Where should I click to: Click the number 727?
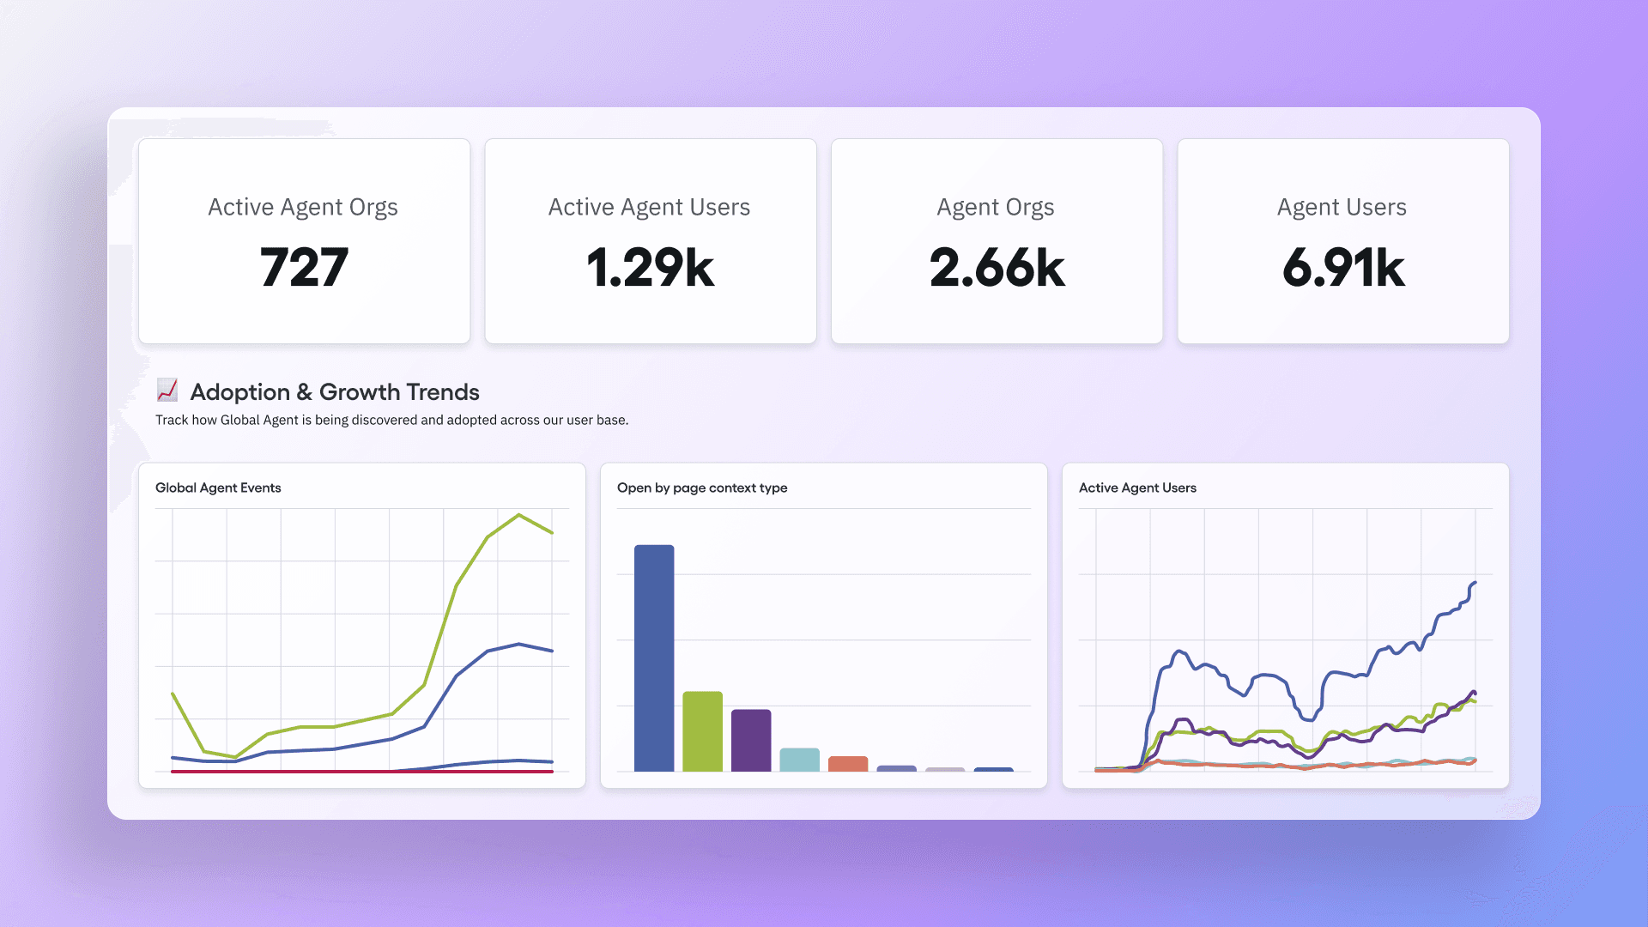click(304, 267)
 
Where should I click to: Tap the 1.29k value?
click(650, 267)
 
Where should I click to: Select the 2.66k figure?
click(997, 267)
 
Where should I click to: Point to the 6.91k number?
click(1343, 267)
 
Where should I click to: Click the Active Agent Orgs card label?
click(303, 207)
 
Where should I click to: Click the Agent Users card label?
click(1342, 207)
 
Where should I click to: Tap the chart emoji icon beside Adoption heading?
click(167, 391)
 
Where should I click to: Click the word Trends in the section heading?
click(442, 392)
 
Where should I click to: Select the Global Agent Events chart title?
click(218, 488)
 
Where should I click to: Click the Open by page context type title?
click(702, 488)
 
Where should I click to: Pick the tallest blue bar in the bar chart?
click(654, 657)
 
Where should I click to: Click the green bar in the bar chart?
click(702, 731)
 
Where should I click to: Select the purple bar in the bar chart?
click(751, 740)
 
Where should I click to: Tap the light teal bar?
click(799, 760)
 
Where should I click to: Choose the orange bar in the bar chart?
click(848, 764)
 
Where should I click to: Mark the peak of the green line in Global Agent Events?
click(519, 515)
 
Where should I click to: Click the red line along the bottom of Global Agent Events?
click(360, 772)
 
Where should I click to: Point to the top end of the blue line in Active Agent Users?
click(1474, 584)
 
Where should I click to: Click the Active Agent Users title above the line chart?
click(1137, 488)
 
